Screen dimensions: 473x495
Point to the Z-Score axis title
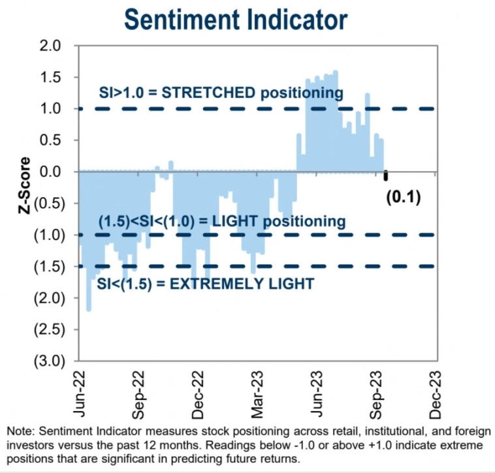[x=25, y=186]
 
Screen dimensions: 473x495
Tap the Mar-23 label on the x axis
[x=257, y=394]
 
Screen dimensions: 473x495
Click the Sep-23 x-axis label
[x=377, y=394]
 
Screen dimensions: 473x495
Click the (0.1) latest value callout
[x=403, y=196]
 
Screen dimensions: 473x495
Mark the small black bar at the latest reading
[x=386, y=176]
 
